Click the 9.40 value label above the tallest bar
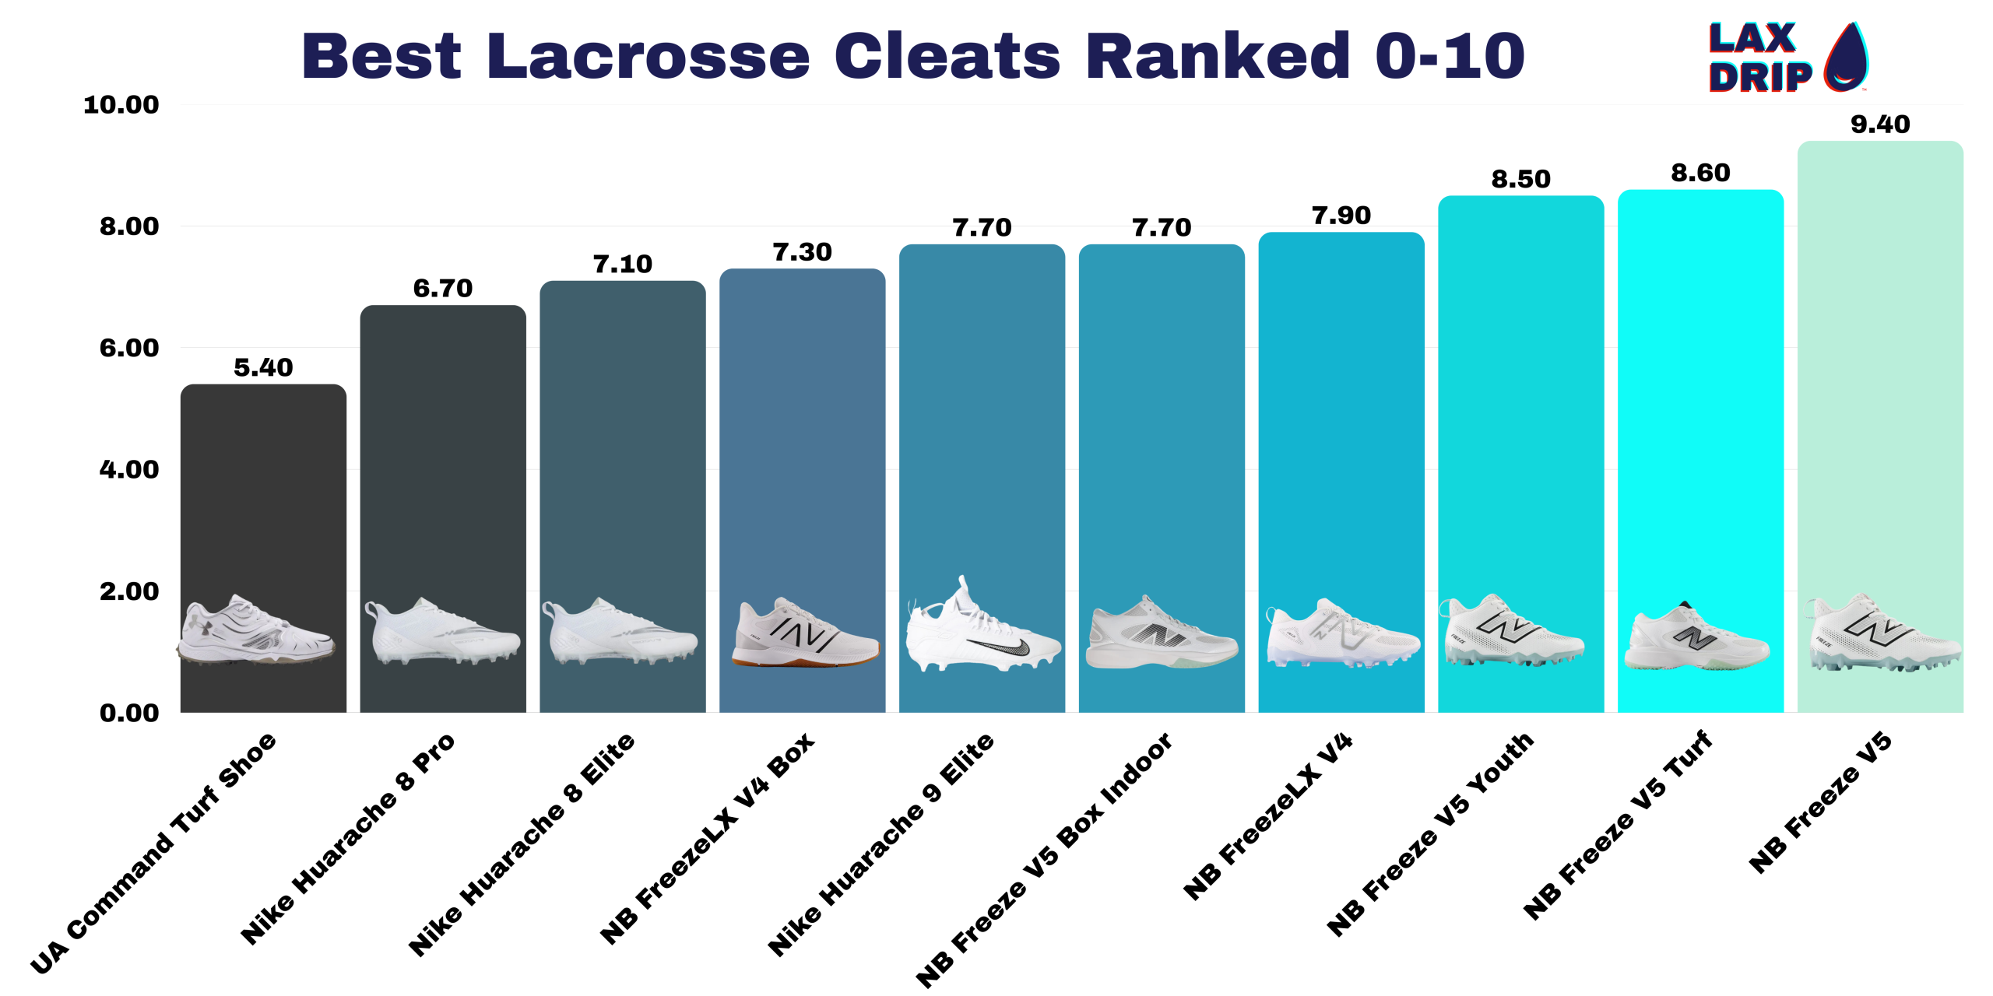click(x=1879, y=124)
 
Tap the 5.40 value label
click(x=263, y=367)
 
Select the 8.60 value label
click(x=1700, y=173)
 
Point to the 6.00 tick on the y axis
click(x=129, y=348)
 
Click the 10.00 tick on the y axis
click(x=121, y=104)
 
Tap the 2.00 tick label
click(x=129, y=591)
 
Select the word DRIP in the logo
click(x=1760, y=77)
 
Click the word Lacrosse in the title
click(x=649, y=56)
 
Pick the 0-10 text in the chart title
click(x=1450, y=56)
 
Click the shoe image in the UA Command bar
click(x=257, y=631)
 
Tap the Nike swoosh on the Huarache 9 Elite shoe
click(x=1000, y=645)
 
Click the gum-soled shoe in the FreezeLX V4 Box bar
click(x=804, y=633)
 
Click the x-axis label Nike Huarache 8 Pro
click(x=347, y=839)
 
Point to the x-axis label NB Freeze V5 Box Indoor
click(x=1043, y=861)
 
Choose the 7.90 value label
click(x=1341, y=216)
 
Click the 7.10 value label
click(x=622, y=265)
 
